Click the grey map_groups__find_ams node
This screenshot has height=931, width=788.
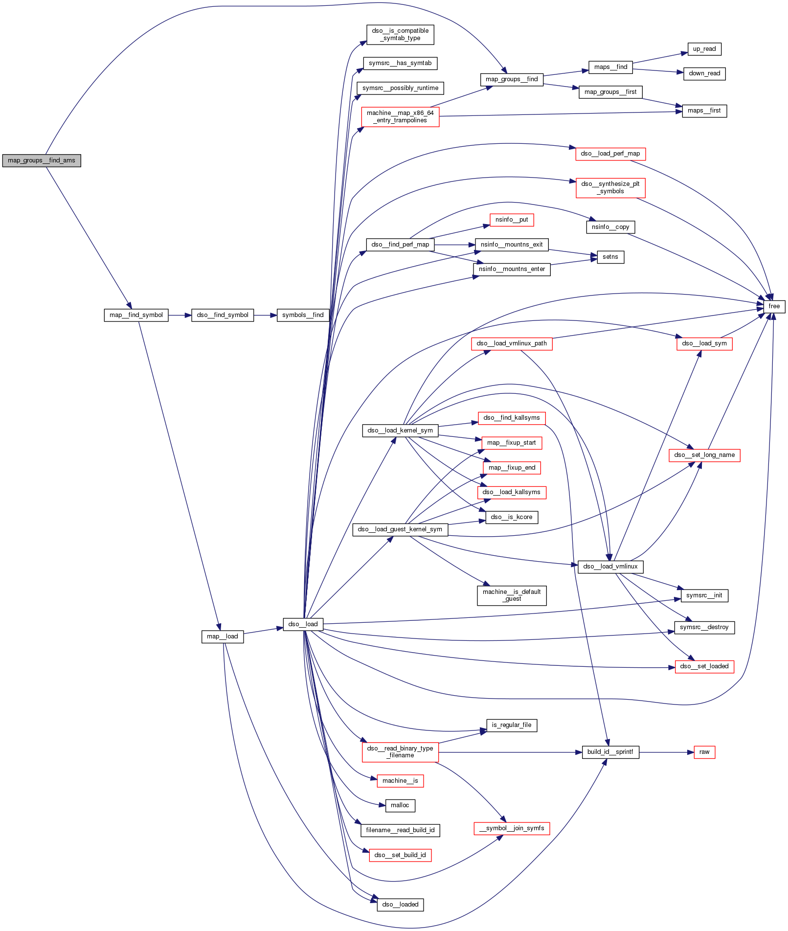click(x=42, y=160)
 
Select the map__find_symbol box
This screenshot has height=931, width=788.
click(x=136, y=315)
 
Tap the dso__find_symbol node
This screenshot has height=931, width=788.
click(x=223, y=315)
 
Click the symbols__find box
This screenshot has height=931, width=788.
click(x=303, y=315)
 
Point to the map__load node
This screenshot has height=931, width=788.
click(x=222, y=636)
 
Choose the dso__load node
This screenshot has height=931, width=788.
click(x=303, y=624)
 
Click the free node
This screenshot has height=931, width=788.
click(x=774, y=306)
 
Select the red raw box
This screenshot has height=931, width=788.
click(x=704, y=752)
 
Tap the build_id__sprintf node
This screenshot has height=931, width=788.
click(x=610, y=752)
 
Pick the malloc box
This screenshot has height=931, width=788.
click(x=400, y=805)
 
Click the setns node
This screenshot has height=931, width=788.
click(x=610, y=257)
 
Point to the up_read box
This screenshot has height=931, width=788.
click(x=704, y=49)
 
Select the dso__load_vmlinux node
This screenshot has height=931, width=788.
click(x=610, y=567)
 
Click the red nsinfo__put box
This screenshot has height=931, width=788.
click(x=511, y=220)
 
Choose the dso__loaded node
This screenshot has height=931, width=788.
click(x=400, y=905)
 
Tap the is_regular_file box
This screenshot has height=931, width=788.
click(x=511, y=725)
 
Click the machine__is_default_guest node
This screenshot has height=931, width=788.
click(x=511, y=595)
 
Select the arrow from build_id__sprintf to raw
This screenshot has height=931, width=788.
click(x=666, y=752)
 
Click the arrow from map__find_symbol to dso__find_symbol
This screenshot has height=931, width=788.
click(x=180, y=315)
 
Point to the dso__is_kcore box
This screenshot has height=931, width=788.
click(x=511, y=517)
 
